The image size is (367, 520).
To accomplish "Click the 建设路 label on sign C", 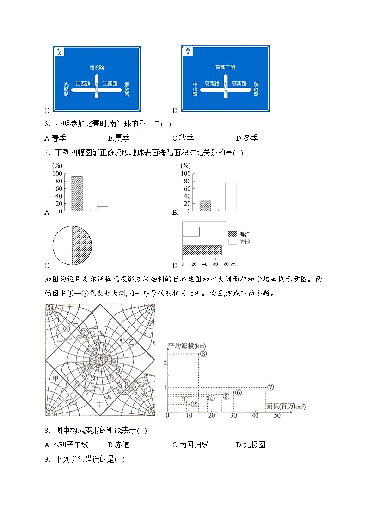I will (97, 67).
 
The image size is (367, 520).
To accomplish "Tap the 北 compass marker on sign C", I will (59, 51).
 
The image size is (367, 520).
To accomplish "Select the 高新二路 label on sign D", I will (225, 67).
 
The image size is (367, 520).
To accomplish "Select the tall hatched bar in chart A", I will (77, 194).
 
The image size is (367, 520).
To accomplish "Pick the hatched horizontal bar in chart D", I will (202, 251).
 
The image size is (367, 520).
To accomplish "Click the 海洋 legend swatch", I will (232, 234).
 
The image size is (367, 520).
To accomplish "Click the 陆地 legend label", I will (245, 242).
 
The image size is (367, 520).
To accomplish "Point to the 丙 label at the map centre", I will (100, 360).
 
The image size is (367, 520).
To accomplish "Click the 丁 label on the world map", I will (100, 404).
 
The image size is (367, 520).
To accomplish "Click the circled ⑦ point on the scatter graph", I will (271, 387).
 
